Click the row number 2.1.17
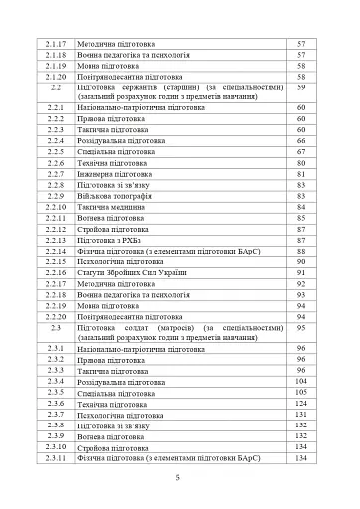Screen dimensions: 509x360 click(56, 45)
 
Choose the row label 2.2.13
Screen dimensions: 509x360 click(56, 240)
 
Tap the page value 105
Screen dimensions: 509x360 click(300, 393)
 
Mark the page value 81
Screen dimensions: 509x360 click(300, 174)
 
